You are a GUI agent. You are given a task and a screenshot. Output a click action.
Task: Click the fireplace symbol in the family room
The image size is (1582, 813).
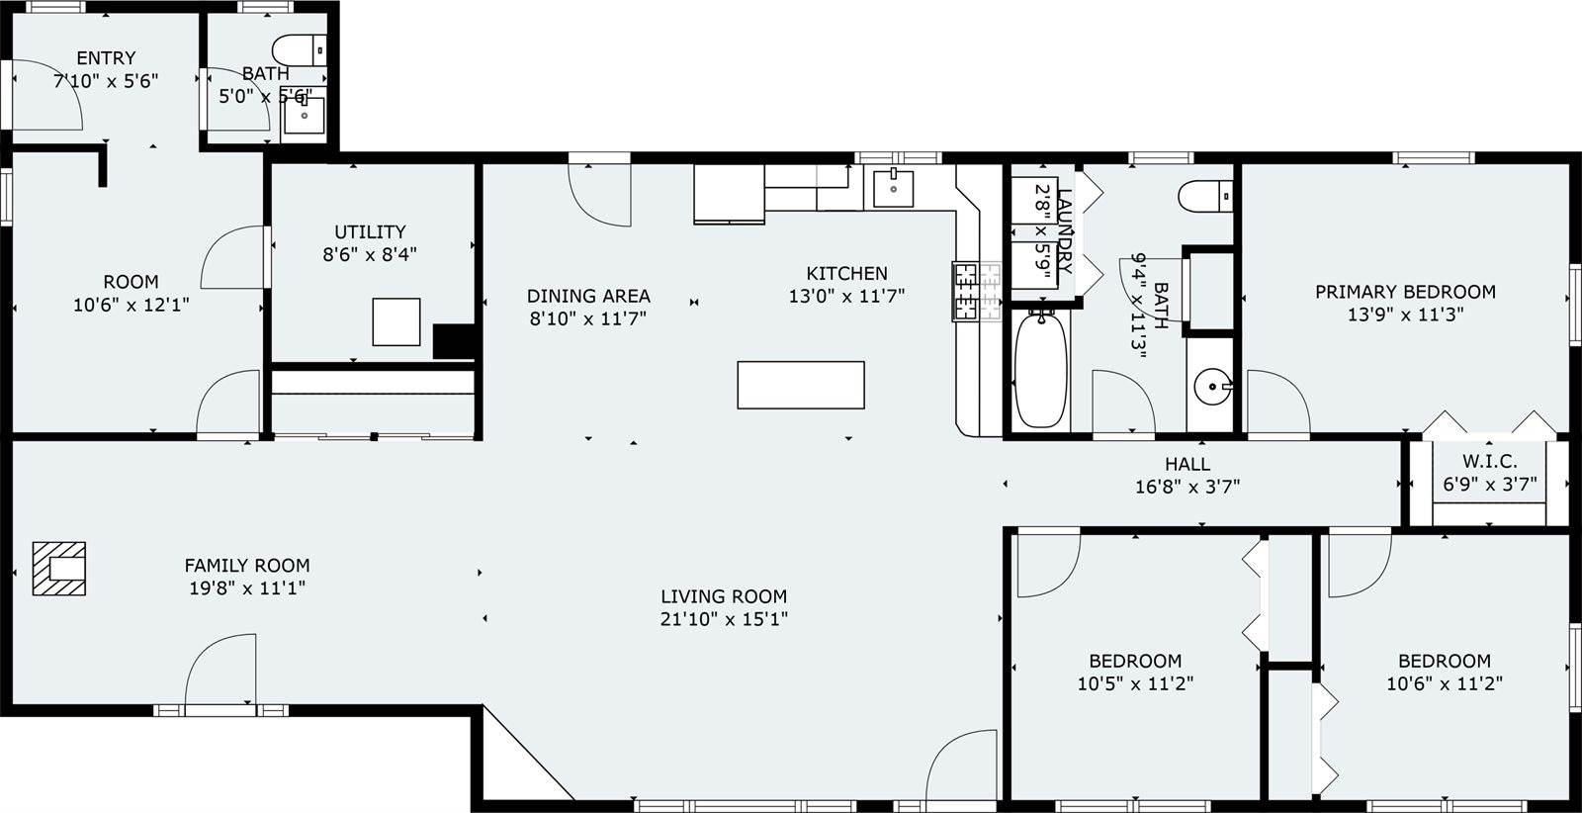[59, 569]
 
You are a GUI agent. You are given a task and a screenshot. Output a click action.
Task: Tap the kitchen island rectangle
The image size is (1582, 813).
[801, 385]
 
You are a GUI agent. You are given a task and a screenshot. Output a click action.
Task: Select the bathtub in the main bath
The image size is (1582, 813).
[1041, 370]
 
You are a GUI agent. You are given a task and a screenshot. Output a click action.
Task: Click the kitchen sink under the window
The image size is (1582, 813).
[893, 187]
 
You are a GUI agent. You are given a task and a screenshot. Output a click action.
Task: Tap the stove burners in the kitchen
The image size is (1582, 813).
[966, 291]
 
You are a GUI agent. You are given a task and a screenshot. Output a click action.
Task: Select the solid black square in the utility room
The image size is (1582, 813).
[455, 341]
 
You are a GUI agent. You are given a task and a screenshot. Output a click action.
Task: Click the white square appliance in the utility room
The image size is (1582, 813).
[396, 321]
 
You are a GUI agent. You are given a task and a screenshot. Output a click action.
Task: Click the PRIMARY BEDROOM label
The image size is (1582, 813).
[1404, 292]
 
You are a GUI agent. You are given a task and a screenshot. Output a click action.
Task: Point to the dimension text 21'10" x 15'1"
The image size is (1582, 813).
[724, 619]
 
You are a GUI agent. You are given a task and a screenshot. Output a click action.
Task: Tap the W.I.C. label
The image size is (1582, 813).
[1489, 462]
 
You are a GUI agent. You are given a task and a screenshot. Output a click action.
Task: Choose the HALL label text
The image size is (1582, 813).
[1186, 464]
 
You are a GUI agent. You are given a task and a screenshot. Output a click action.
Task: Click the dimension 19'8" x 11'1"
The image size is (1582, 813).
[247, 588]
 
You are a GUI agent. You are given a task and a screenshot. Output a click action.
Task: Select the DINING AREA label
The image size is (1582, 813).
[588, 296]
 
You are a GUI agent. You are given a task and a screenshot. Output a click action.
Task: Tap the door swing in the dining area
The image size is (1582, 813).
[599, 194]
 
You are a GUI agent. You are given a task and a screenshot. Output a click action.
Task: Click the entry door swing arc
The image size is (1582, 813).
[54, 99]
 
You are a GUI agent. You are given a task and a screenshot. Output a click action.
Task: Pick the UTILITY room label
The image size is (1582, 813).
[370, 231]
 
